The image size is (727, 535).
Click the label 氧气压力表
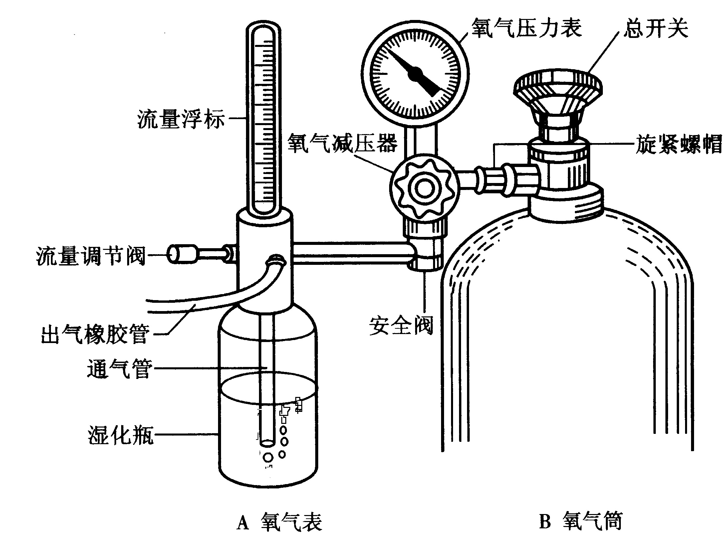[x=526, y=27]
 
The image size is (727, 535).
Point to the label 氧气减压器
[x=343, y=143]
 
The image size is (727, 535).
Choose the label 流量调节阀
[x=91, y=255]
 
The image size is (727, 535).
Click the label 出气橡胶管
[x=95, y=333]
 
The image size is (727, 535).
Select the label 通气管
[x=120, y=368]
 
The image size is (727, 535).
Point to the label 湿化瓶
[x=121, y=434]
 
